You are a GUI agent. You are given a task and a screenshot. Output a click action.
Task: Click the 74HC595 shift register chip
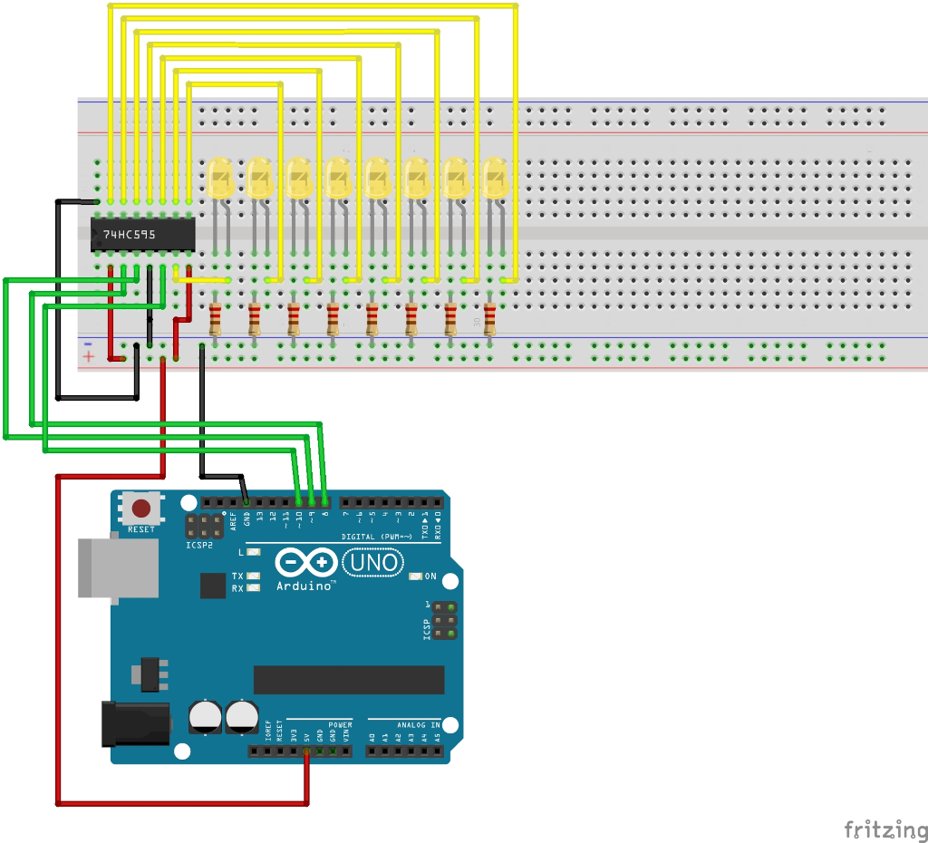tap(143, 235)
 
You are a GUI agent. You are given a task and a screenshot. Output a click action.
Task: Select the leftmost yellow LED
tap(220, 179)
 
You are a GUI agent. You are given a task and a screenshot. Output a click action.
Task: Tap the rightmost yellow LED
tap(495, 179)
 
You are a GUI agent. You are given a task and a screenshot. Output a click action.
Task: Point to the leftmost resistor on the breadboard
tap(215, 320)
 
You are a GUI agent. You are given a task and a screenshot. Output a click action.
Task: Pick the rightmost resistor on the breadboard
tap(490, 320)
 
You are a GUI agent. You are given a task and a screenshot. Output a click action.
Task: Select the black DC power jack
tap(135, 722)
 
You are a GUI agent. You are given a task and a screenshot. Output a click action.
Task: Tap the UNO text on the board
tap(372, 563)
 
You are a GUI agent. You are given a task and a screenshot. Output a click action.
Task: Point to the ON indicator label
tap(430, 577)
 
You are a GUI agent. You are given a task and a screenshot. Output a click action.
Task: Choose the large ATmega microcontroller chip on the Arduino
tap(349, 679)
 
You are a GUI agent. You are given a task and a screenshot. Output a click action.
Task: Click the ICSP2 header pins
tap(206, 527)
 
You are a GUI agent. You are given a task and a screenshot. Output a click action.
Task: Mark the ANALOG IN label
tap(416, 725)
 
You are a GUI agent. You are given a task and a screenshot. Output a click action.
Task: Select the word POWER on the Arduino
tap(340, 725)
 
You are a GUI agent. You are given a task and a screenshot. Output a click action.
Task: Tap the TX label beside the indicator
tap(237, 577)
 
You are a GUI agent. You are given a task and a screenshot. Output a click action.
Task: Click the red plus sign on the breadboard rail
tap(88, 357)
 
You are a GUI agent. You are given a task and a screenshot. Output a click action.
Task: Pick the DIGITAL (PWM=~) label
tap(376, 537)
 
